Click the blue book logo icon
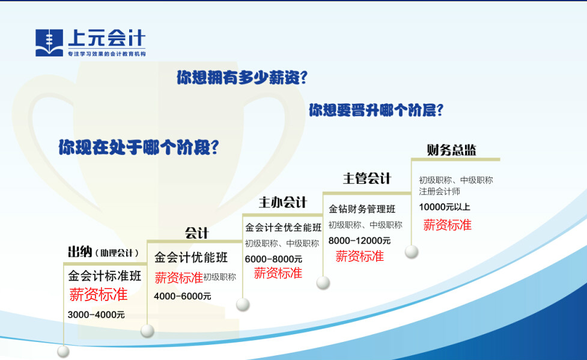point(49,43)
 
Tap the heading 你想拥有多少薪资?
point(242,78)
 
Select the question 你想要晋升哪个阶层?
point(376,110)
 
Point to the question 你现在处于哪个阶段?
point(139,147)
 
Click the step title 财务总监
point(451,150)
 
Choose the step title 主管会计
point(367,178)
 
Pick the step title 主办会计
point(283,203)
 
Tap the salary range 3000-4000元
point(96,315)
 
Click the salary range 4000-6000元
point(182,296)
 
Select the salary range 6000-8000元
point(273,259)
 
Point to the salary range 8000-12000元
point(359,240)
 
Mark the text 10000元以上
point(445,207)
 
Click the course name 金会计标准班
point(105,276)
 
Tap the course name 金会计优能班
point(191,257)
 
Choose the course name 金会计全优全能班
point(284,227)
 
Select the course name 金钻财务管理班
point(362,209)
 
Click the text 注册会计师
point(440,192)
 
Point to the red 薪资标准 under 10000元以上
point(448,225)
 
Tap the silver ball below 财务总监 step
point(412,252)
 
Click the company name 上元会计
point(107,38)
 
